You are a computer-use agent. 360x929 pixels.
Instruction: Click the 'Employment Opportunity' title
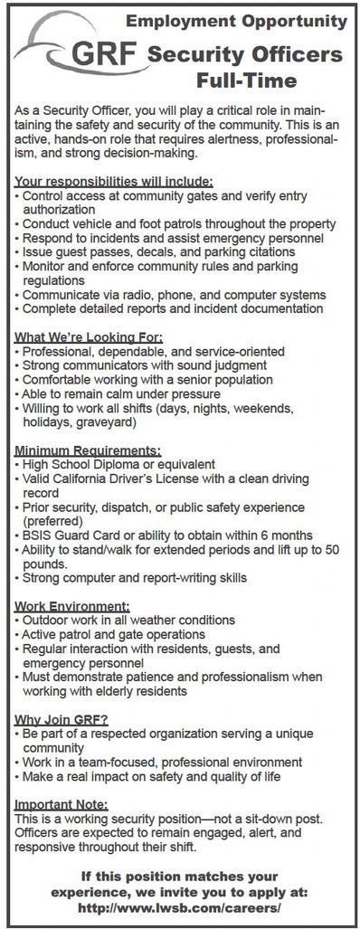pos(234,19)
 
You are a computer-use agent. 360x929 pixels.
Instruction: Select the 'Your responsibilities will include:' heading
pos(115,180)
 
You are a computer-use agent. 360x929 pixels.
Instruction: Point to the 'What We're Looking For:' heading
pos(89,337)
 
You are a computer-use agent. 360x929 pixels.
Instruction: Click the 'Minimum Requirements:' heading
pos(89,450)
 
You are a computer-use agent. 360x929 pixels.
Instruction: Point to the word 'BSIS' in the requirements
pos(40,534)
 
